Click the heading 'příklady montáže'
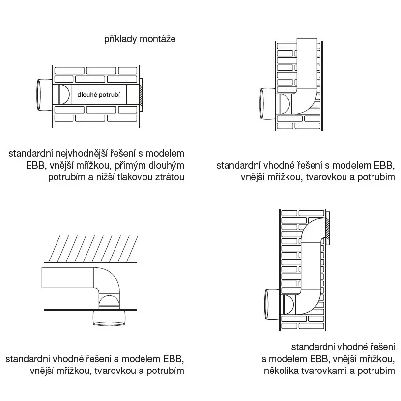point(140,39)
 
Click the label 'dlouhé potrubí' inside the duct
point(98,95)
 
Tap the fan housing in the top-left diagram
point(44,95)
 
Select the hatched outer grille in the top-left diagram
point(141,94)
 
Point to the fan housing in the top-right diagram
point(267,104)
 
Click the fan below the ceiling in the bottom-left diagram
point(109,317)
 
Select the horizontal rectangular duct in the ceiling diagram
point(68,278)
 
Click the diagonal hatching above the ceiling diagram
point(93,248)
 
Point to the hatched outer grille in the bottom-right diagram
point(328,228)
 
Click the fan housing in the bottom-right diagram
point(272,305)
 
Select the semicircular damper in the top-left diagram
point(64,94)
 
